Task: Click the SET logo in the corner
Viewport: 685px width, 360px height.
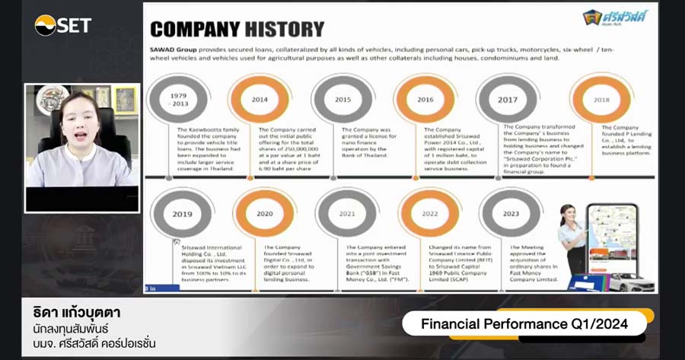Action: click(62, 25)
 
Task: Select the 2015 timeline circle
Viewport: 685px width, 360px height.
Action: click(342, 99)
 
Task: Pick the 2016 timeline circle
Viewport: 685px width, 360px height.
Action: click(425, 99)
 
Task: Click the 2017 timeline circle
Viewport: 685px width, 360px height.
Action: click(507, 99)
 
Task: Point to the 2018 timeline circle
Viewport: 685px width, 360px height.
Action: click(601, 100)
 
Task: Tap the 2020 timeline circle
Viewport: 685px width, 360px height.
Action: click(264, 214)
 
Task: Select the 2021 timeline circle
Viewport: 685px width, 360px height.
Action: click(346, 214)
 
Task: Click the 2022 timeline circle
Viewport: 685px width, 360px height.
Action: click(429, 214)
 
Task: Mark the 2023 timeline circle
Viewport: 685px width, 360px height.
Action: click(511, 214)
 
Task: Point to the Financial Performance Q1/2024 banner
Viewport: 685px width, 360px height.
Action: click(524, 324)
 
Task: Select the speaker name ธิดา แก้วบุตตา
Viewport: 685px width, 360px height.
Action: click(77, 314)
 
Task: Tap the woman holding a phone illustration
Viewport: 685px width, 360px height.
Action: click(572, 240)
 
